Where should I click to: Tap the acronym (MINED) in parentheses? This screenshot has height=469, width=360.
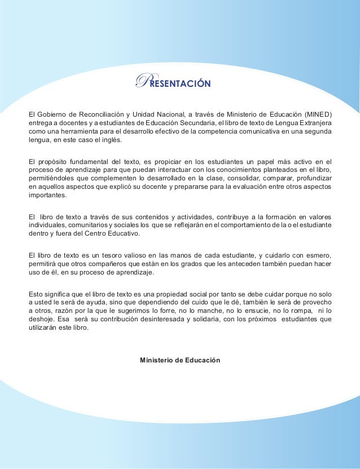(x=317, y=113)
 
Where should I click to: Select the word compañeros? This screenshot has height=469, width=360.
(x=100, y=263)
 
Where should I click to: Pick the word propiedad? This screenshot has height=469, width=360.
(x=179, y=292)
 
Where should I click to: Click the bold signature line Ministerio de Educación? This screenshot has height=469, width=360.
(x=180, y=360)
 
